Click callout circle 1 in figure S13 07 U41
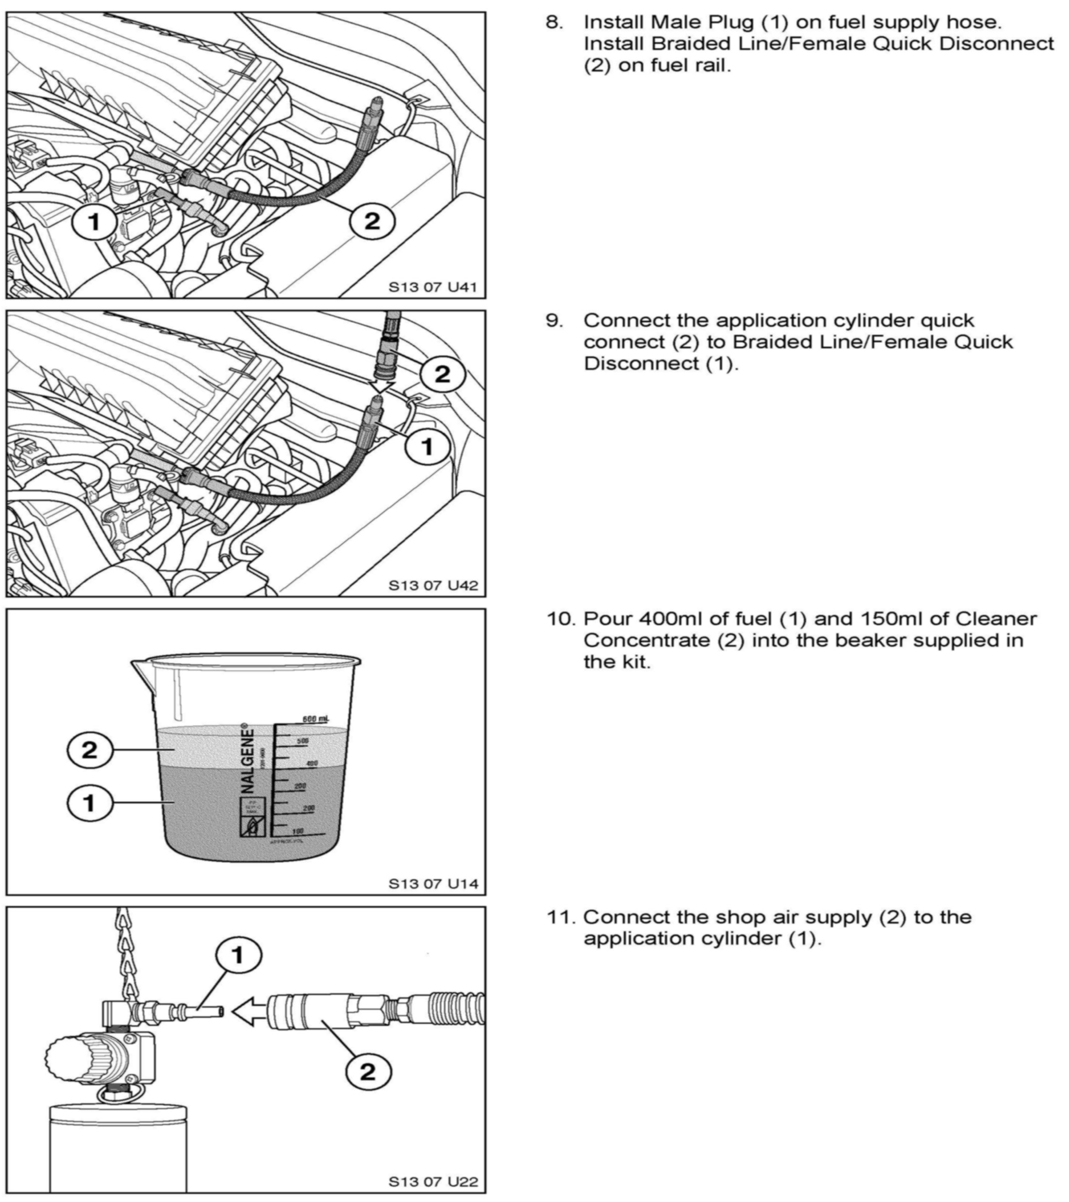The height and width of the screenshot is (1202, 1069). (x=94, y=221)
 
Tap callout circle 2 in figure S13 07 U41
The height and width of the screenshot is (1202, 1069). (x=372, y=221)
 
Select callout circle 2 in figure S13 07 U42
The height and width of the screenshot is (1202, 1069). (x=442, y=374)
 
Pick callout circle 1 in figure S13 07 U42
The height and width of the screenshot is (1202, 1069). (x=427, y=447)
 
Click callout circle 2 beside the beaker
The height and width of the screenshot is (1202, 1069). (x=90, y=750)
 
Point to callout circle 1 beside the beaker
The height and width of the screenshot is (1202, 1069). (x=90, y=803)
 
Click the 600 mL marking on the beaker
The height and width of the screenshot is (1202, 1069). (x=315, y=719)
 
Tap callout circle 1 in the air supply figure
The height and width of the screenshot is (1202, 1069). (x=238, y=956)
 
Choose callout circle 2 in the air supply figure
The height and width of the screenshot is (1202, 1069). (x=368, y=1072)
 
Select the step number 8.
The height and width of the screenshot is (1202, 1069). (x=553, y=22)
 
